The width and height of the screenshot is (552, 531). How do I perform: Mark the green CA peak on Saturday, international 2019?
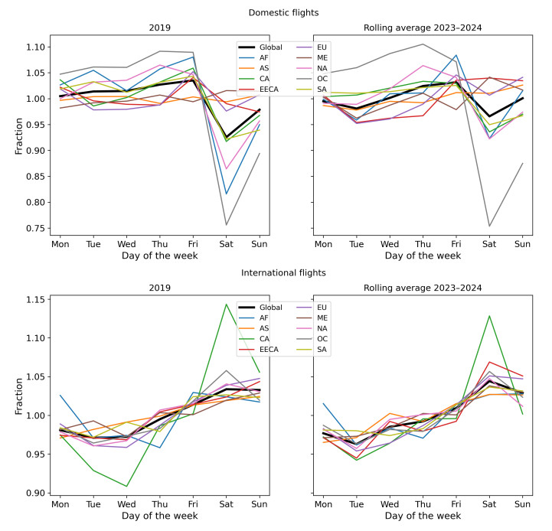click(x=226, y=304)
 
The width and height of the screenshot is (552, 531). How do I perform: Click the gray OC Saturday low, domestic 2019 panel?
click(x=226, y=225)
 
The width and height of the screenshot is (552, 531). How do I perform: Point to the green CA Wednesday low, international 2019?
click(x=126, y=487)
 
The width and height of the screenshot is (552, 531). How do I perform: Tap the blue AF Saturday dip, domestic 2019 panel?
click(x=226, y=194)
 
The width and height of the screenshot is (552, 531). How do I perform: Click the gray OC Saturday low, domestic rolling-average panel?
click(x=489, y=226)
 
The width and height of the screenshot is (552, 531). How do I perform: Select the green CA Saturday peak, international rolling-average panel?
click(x=489, y=315)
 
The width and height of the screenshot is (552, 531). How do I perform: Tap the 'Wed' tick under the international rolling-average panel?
click(x=390, y=506)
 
